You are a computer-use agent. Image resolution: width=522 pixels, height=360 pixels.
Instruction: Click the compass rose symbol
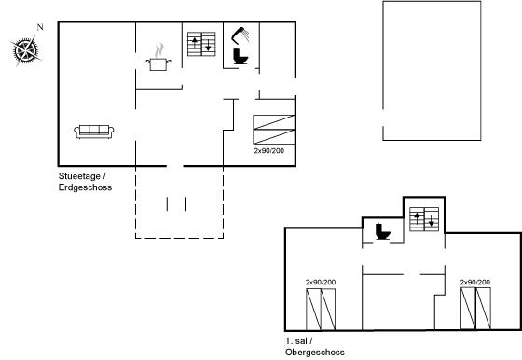(25, 51)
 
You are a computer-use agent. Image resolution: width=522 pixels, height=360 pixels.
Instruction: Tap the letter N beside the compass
(40, 27)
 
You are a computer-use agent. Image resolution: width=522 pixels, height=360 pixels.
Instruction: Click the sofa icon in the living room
(94, 132)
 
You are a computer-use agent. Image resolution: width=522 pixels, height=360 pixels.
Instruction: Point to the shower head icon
(240, 35)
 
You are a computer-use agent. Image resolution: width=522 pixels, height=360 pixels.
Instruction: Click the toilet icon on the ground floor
(240, 56)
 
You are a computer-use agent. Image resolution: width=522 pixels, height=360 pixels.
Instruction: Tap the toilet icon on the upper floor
(383, 231)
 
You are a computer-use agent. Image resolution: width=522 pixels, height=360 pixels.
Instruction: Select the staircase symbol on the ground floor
(201, 44)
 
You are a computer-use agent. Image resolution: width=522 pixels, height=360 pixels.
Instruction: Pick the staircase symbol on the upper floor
(424, 219)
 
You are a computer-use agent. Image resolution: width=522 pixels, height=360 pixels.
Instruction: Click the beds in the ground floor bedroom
(274, 130)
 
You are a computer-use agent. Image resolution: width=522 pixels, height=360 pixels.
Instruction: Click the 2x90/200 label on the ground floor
(269, 150)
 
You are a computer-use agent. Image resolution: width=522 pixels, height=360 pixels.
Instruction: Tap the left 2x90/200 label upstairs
(321, 282)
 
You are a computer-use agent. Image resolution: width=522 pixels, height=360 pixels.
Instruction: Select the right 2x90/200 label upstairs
(475, 282)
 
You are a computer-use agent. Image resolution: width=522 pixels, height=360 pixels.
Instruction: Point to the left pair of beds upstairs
(321, 310)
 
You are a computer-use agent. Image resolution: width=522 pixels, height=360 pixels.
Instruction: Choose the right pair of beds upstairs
(475, 309)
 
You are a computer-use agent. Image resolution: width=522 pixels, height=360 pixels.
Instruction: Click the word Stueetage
(79, 176)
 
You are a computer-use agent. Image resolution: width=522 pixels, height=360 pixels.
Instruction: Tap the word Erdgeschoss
(85, 187)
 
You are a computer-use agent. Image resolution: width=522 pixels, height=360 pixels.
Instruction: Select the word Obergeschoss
(315, 352)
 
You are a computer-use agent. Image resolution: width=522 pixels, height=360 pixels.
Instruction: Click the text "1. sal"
(296, 341)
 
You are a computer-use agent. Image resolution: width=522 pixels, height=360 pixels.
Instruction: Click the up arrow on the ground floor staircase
(195, 44)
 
